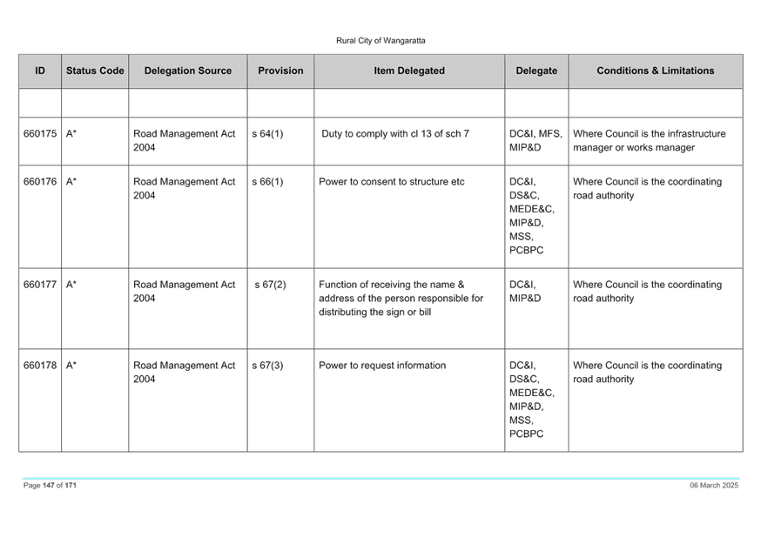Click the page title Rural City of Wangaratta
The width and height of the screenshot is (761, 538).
point(380,41)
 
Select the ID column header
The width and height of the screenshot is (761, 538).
point(40,71)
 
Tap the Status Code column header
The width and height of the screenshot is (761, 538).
point(95,71)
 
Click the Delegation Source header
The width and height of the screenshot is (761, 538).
point(188,71)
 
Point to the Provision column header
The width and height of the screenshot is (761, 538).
point(280,71)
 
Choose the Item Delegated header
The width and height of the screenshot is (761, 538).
point(409,71)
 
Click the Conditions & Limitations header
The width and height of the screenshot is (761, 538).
point(655,71)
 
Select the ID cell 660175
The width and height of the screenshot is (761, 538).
point(40,133)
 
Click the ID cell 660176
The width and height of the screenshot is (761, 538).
point(40,181)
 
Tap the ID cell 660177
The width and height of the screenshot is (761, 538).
point(40,285)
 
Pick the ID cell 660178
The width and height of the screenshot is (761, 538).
point(40,366)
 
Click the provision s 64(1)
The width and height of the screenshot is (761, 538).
point(267,133)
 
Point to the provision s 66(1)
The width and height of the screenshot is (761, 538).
point(267,181)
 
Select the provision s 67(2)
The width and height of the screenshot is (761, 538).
point(270,285)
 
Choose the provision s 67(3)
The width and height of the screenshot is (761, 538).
point(267,366)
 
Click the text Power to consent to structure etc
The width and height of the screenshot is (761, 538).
point(391,181)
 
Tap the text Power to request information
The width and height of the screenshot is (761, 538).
point(382,366)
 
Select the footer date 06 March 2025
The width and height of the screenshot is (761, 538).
point(714,485)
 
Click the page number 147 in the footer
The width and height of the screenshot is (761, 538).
point(49,485)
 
